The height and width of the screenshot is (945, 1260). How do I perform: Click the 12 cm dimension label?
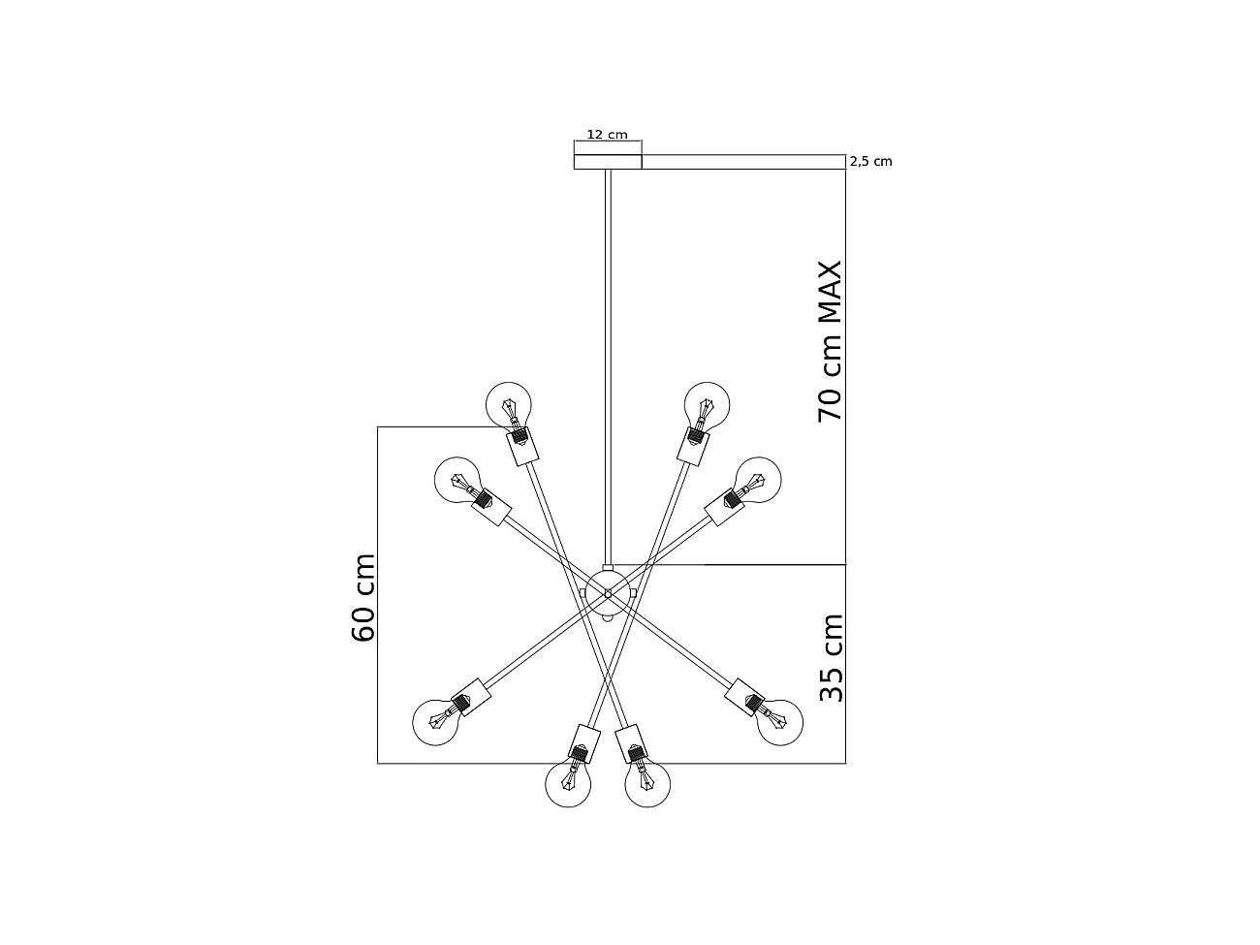tap(607, 135)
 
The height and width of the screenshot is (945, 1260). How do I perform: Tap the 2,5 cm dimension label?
tap(870, 162)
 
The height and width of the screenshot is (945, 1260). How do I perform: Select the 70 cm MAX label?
tap(831, 340)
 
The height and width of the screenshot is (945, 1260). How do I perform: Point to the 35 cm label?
tap(831, 657)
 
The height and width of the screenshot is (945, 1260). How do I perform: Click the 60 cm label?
tap(362, 598)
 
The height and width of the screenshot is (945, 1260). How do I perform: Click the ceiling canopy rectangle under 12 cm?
tap(608, 162)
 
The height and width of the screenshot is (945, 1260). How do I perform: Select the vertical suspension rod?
tap(608, 368)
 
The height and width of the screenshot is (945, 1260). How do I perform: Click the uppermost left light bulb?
tap(509, 404)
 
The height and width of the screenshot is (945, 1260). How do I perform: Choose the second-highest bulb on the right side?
tap(757, 479)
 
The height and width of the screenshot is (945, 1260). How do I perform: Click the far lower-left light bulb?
tap(436, 720)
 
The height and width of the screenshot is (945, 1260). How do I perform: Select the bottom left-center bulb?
tap(569, 784)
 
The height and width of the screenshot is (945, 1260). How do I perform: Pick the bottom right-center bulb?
tap(648, 784)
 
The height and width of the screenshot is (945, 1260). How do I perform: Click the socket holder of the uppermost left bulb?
tap(522, 447)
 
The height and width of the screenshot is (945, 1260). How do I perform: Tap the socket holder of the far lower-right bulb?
tap(745, 695)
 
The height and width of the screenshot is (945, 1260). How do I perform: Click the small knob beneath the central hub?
tap(608, 618)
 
